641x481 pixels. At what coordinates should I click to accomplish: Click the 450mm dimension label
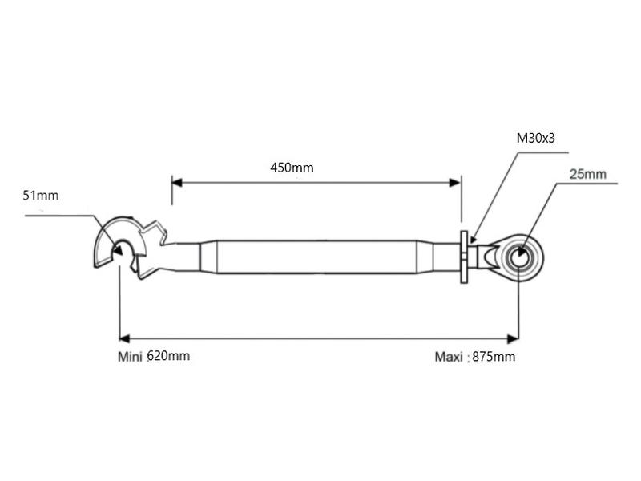pyautogui.click(x=292, y=168)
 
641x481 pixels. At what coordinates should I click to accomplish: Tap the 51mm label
pyautogui.click(x=41, y=195)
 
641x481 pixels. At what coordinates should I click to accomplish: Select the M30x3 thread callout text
pyautogui.click(x=535, y=138)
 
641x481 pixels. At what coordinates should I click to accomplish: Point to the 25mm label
pyautogui.click(x=587, y=173)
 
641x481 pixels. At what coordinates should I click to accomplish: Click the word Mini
pyautogui.click(x=129, y=357)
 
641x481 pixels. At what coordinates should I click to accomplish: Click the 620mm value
pyautogui.click(x=168, y=356)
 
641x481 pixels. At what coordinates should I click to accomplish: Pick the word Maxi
pyautogui.click(x=449, y=357)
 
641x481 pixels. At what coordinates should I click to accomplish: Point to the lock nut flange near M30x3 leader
pyautogui.click(x=464, y=257)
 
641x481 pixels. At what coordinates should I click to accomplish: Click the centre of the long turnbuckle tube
pyautogui.click(x=316, y=257)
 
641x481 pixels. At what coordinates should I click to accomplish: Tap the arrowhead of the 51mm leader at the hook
pyautogui.click(x=117, y=251)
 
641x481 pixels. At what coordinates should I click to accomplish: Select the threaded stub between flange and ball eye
pyautogui.click(x=481, y=257)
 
